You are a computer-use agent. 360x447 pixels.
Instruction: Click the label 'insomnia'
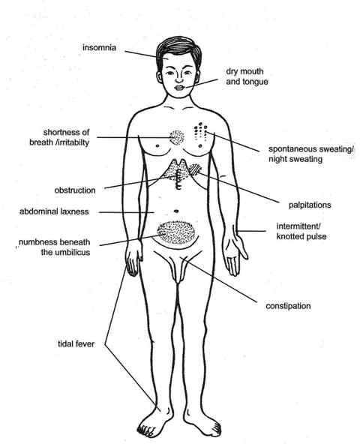[x=99, y=47]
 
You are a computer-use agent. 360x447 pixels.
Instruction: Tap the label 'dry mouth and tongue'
[x=247, y=76]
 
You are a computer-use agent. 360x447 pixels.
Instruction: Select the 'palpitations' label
[x=310, y=205]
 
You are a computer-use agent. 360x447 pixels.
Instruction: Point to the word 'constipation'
[x=288, y=306]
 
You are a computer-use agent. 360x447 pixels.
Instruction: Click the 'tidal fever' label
[x=76, y=343]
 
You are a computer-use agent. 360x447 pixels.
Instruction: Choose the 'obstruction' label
[x=75, y=190]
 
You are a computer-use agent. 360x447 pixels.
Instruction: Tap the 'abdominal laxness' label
[x=54, y=211]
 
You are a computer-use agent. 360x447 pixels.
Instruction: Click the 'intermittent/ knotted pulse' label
[x=301, y=232]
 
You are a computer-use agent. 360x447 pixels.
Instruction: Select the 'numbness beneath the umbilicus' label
[x=55, y=247]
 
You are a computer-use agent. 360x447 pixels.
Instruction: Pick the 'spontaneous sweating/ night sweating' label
[x=311, y=154]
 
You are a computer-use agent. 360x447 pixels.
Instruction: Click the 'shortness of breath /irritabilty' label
[x=59, y=137]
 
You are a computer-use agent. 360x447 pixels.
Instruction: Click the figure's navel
[x=176, y=211]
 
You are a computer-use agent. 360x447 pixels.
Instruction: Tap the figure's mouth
[x=180, y=88]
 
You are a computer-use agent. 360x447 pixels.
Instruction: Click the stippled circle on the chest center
[x=177, y=138]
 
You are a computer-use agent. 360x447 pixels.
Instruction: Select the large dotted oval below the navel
[x=175, y=232]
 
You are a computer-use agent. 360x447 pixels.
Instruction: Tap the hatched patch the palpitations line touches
[x=196, y=169]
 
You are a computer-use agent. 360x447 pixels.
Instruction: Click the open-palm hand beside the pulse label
[x=234, y=250]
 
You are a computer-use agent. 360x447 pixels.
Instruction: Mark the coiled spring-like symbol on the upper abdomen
[x=179, y=179]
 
